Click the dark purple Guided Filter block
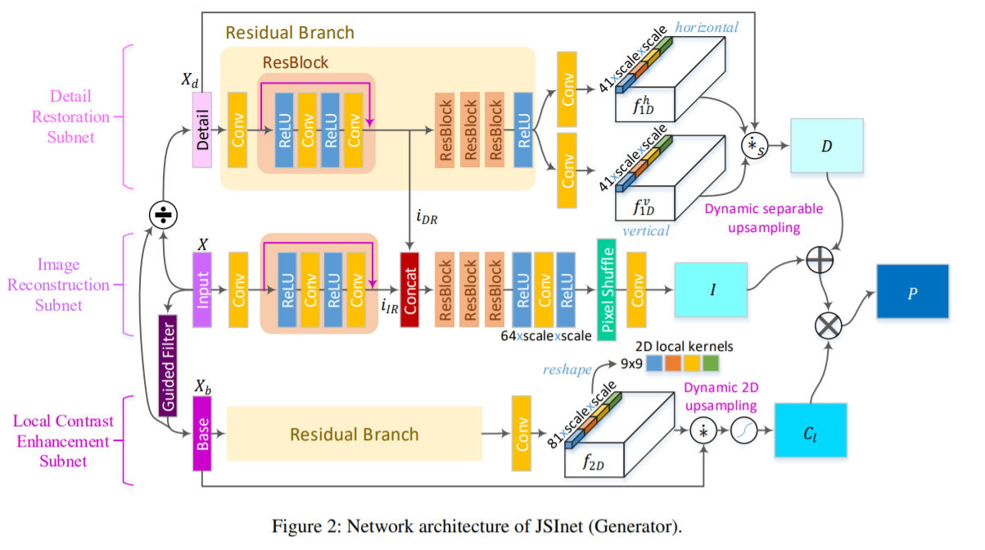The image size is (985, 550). coord(168,366)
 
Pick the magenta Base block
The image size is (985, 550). coord(202,434)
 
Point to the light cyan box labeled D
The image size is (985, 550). coord(828,146)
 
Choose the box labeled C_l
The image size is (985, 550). coord(810,432)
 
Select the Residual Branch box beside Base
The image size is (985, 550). coord(354,434)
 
